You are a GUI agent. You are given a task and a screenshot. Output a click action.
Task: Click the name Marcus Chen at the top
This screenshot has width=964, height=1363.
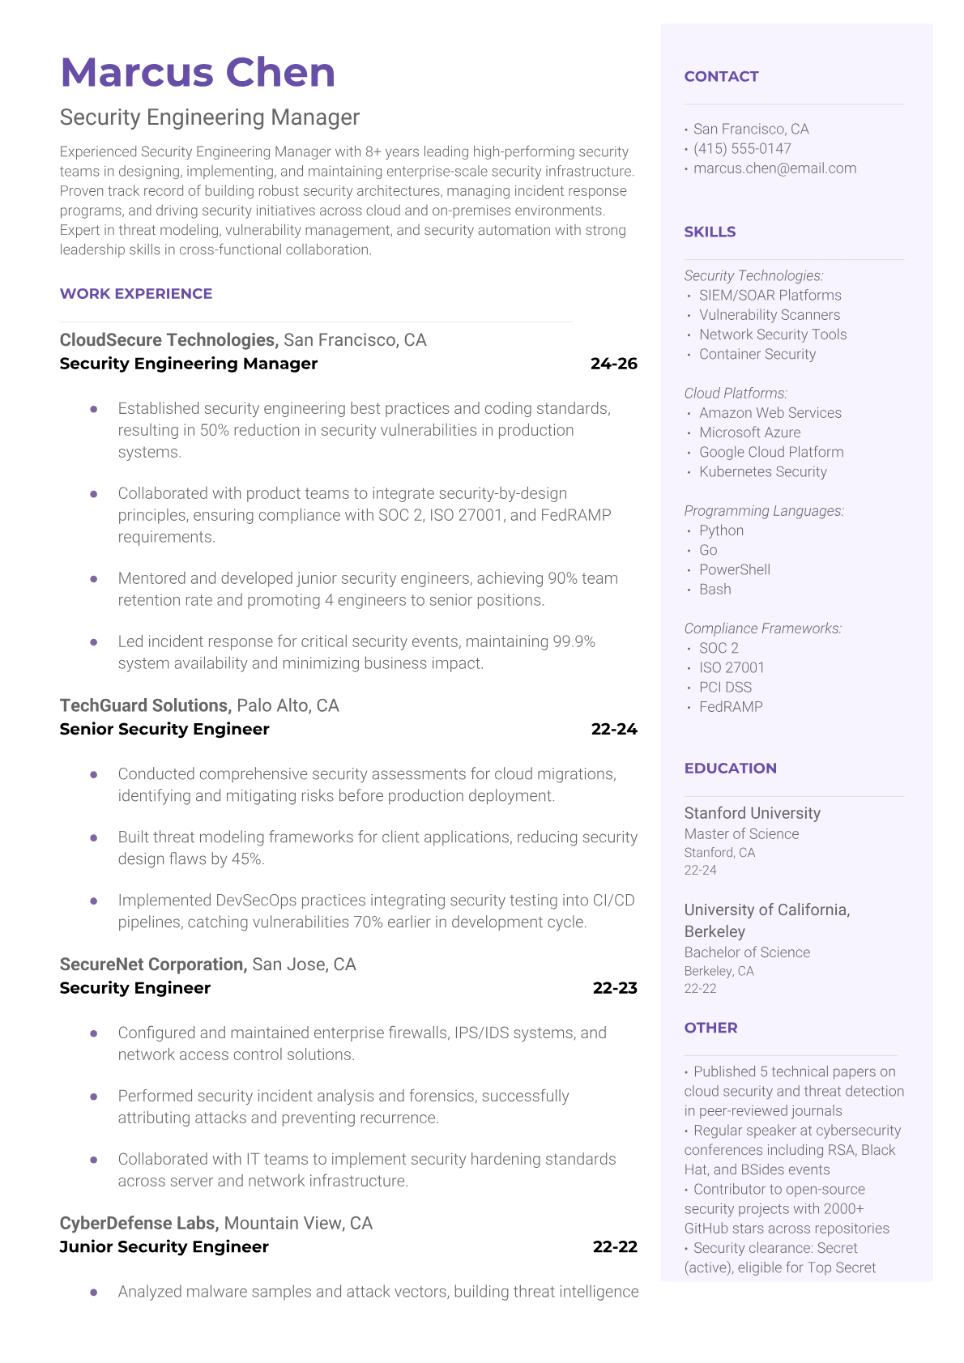(198, 72)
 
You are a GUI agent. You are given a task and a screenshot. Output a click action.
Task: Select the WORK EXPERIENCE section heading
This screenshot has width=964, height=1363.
(136, 294)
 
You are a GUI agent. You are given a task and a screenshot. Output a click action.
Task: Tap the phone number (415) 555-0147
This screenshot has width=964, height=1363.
(742, 148)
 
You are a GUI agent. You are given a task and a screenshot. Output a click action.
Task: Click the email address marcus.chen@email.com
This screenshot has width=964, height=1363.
(774, 168)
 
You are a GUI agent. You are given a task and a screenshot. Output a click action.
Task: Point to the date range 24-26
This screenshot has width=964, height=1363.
(614, 364)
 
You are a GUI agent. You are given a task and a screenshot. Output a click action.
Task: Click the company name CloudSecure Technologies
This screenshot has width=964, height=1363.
(168, 340)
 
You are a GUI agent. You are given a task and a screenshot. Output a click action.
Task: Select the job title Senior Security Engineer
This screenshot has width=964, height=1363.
(164, 729)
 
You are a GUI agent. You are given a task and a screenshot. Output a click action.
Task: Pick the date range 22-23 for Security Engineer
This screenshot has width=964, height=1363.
(615, 988)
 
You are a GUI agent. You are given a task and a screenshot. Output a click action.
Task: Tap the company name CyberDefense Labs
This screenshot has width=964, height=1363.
(139, 1223)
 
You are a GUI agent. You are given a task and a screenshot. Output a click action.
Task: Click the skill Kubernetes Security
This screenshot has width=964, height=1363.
(763, 471)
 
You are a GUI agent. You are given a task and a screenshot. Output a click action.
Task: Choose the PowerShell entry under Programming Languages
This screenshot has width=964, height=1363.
(735, 569)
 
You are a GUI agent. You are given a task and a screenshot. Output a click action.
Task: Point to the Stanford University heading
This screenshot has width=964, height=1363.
(752, 813)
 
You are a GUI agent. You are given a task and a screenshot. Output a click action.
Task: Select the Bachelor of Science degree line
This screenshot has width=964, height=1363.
(747, 952)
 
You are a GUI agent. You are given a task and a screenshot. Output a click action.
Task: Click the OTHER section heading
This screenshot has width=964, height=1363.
(710, 1028)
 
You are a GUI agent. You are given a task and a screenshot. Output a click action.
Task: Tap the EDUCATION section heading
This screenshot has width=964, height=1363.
(730, 769)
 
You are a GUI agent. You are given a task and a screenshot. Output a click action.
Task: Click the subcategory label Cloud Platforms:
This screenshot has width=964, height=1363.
(736, 393)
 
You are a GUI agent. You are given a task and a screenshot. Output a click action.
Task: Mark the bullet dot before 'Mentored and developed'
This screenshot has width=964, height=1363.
(94, 579)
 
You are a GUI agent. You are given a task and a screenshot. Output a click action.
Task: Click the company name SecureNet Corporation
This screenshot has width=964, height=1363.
(152, 965)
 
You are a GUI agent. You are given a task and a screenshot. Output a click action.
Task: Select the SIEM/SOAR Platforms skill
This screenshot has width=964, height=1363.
(770, 296)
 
